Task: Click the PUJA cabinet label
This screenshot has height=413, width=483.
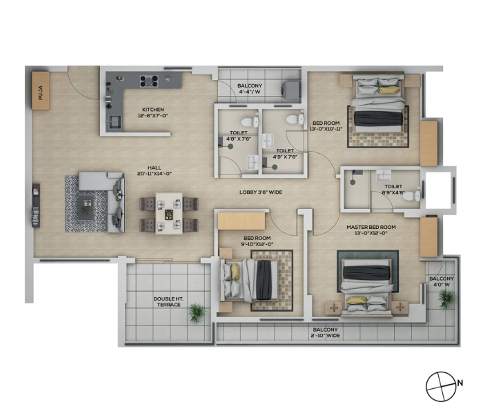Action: pyautogui.click(x=40, y=92)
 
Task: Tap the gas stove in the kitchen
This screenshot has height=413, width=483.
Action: pyautogui.click(x=149, y=81)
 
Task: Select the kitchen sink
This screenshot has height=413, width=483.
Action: pyautogui.click(x=115, y=122)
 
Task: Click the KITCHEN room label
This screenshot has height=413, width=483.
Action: pyautogui.click(x=153, y=109)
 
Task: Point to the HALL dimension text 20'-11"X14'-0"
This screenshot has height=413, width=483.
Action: pyautogui.click(x=155, y=174)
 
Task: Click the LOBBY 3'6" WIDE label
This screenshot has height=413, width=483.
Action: pyautogui.click(x=261, y=192)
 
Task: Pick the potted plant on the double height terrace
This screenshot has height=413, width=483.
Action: pyautogui.click(x=197, y=313)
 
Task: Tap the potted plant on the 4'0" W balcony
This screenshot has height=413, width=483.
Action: pyautogui.click(x=447, y=299)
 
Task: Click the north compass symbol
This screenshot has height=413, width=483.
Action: pyautogui.click(x=441, y=386)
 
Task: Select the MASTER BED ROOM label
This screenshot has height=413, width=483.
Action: pyautogui.click(x=371, y=227)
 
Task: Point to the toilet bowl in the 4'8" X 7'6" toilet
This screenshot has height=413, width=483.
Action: pyautogui.click(x=250, y=121)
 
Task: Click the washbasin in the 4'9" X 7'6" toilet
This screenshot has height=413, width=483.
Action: pyautogui.click(x=268, y=141)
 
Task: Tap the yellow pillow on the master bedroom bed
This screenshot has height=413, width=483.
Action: pyautogui.click(x=357, y=300)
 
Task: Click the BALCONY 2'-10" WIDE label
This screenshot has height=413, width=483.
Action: pyautogui.click(x=326, y=332)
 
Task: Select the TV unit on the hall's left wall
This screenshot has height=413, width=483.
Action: pyautogui.click(x=36, y=205)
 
